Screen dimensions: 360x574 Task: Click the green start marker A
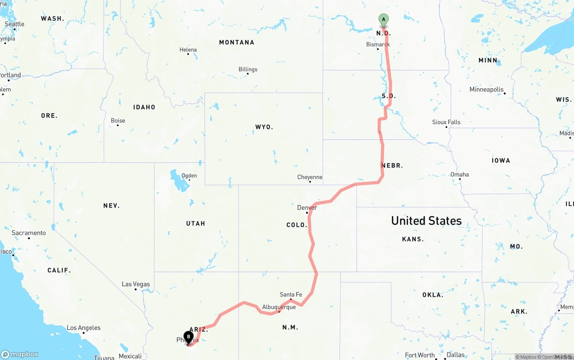[383, 19]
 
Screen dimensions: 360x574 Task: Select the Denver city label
[307, 208]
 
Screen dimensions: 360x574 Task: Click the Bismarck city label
[378, 44]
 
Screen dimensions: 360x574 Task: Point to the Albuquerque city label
[279, 307]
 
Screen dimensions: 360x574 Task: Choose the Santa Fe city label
[291, 295]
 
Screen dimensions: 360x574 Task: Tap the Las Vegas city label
[136, 284]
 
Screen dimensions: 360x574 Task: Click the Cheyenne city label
[310, 177]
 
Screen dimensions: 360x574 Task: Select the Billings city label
[248, 69]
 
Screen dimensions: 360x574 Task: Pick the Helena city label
[188, 50]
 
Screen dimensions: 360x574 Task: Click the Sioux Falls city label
[446, 122]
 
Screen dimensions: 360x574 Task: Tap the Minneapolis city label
[487, 90]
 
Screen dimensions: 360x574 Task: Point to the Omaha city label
[460, 174]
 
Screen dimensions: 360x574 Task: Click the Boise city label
[118, 121]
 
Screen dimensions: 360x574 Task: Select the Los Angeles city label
[83, 328]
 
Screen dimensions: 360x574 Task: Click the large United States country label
[426, 221]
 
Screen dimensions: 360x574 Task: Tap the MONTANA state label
[236, 42]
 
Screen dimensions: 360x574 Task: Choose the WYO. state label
[264, 127]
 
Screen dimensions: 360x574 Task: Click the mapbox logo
[20, 354]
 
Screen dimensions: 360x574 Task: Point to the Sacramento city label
[29, 233]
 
